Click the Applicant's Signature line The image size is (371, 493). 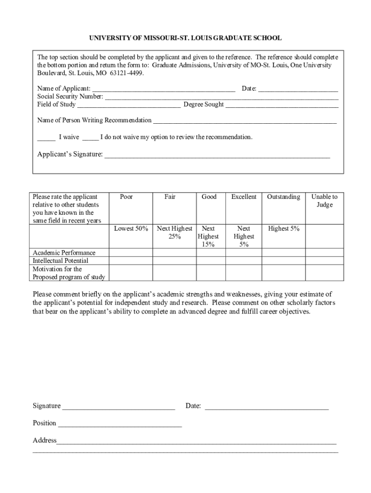pos(217,156)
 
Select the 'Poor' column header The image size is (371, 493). pos(126,197)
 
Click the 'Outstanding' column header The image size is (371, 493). pos(283,197)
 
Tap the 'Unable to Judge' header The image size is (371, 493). pos(324,201)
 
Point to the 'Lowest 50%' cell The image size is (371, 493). pos(131,229)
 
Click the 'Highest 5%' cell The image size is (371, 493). pos(283,229)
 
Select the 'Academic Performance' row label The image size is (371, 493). pos(64,253)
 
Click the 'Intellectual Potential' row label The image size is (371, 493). pos(61,261)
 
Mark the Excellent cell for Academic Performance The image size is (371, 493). pos(244,253)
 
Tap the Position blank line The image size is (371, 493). pos(119,424)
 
